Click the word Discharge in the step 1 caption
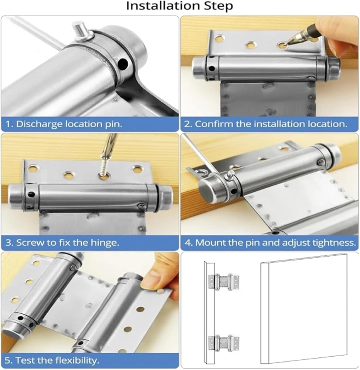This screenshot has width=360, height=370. coord(39,124)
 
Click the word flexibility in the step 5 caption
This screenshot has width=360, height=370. coord(77,360)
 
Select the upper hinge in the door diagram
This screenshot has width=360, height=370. coord(224,282)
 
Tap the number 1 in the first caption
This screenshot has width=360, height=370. coord(8,124)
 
